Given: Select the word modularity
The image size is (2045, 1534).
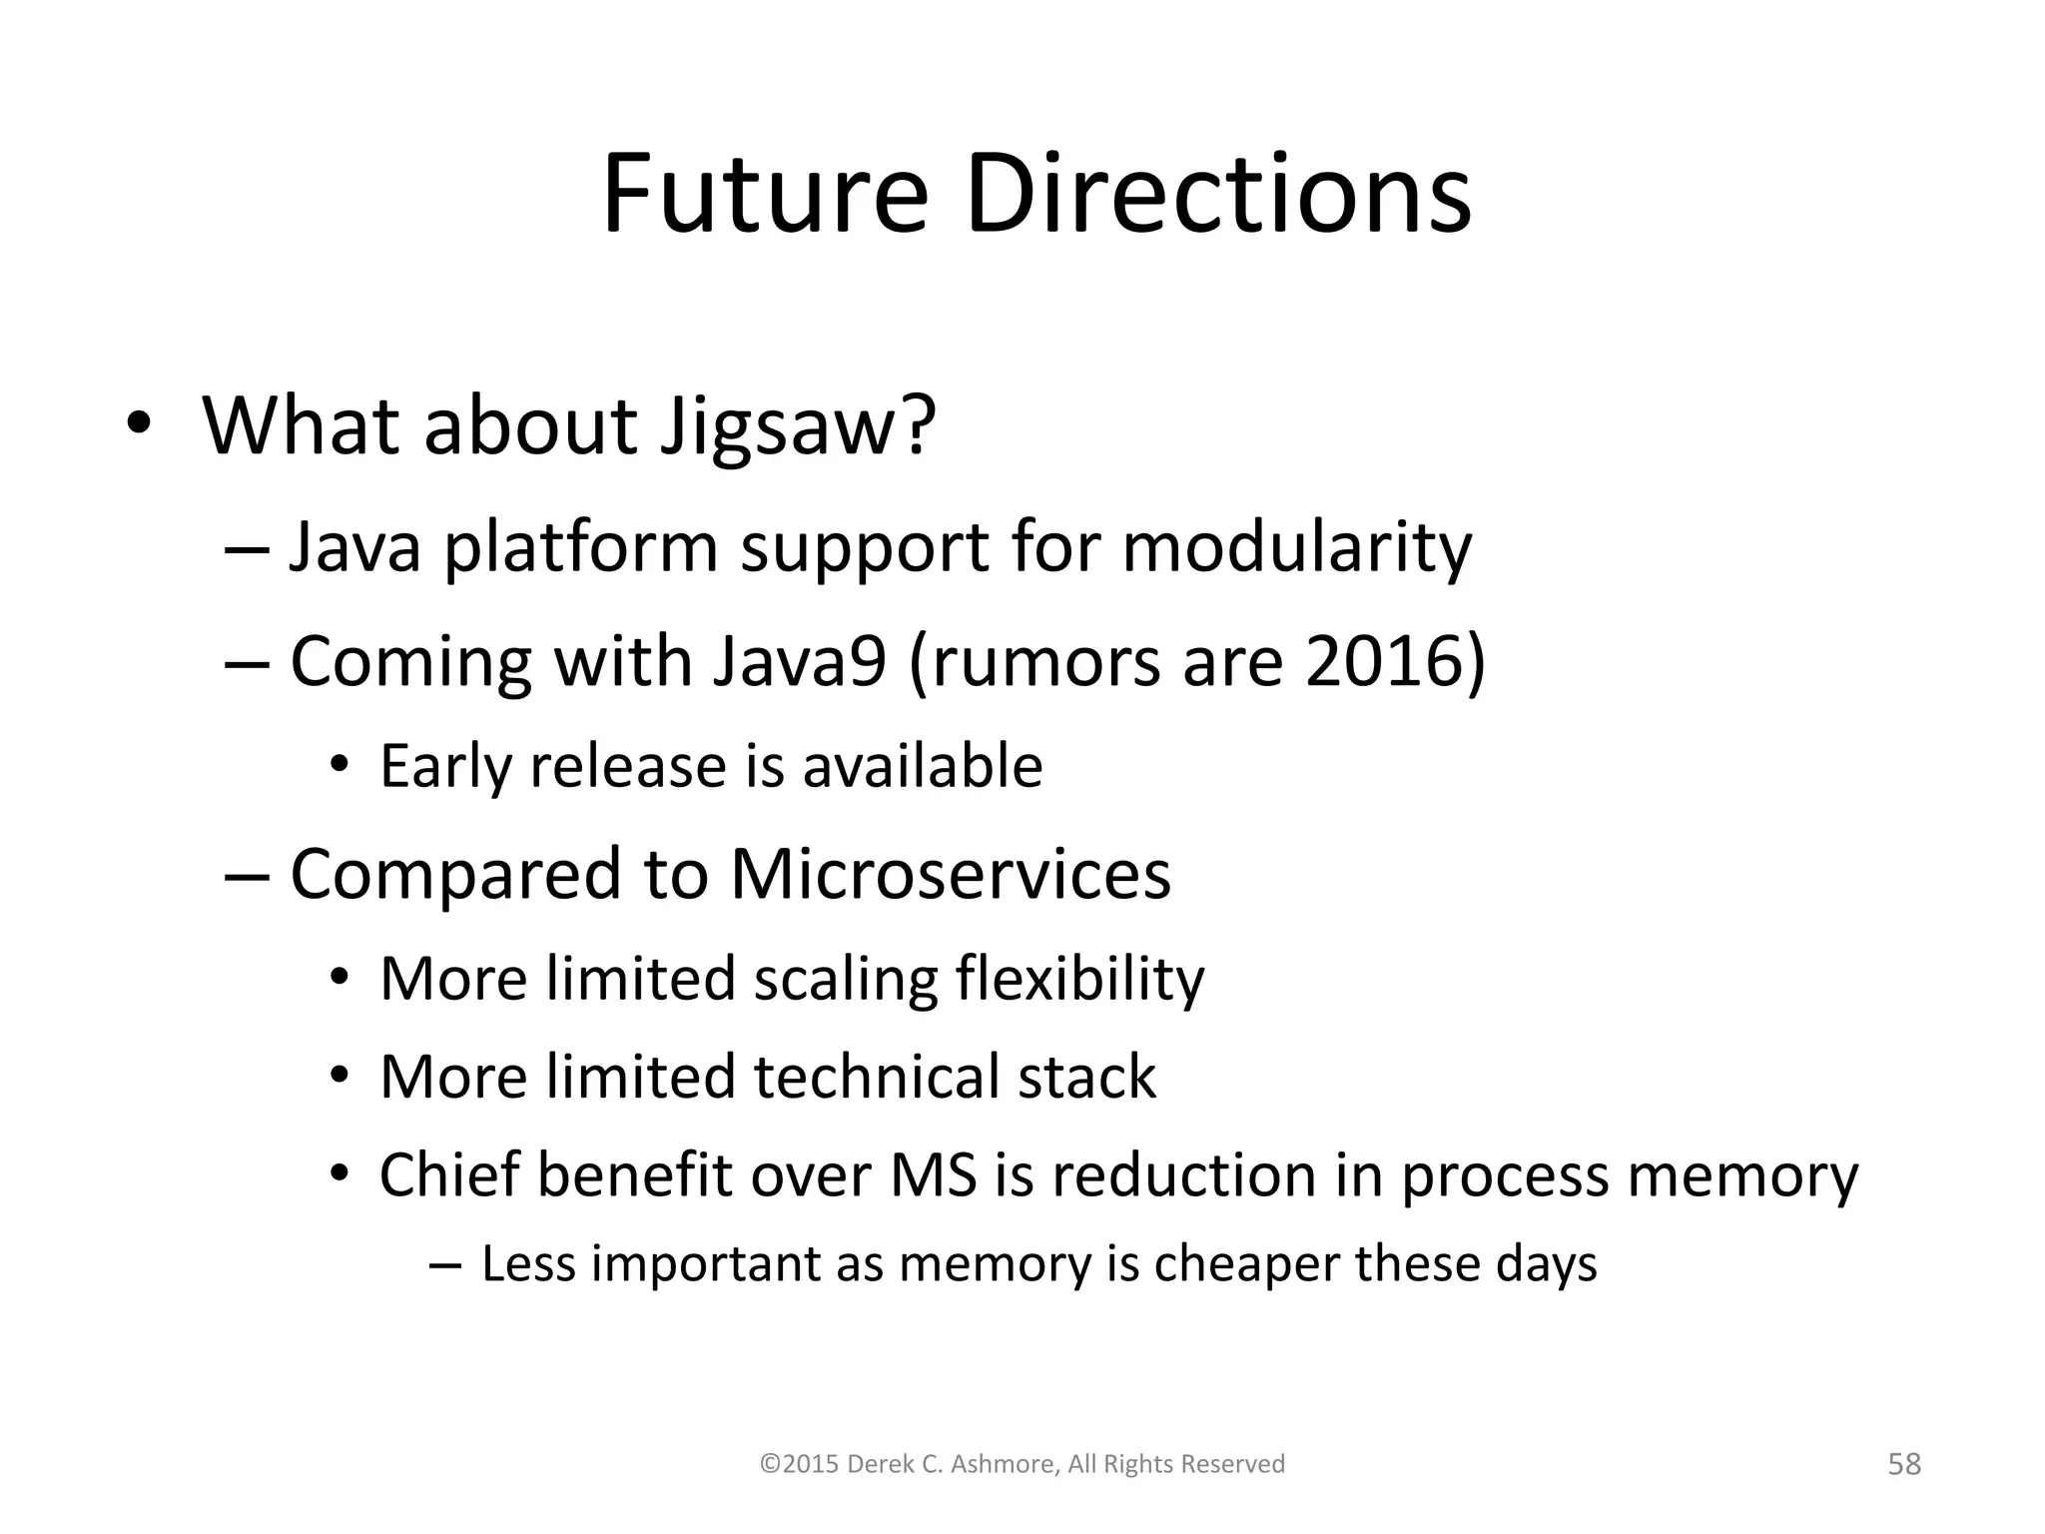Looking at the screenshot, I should coord(1296,549).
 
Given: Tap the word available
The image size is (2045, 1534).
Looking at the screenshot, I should coord(923,767).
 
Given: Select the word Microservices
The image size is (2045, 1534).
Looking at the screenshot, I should coord(950,874).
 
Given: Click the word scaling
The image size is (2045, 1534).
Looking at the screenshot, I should coord(845,979).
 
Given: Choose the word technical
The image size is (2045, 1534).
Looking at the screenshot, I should coord(876,1078).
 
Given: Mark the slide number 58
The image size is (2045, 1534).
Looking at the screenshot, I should coord(1904,1464).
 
